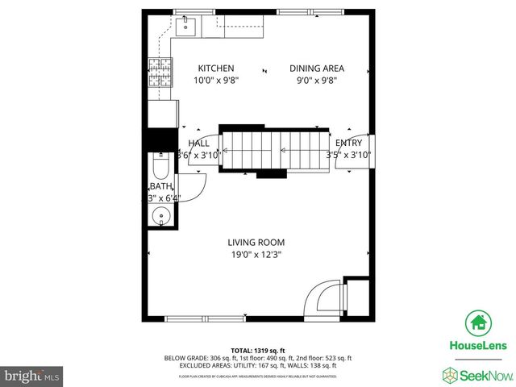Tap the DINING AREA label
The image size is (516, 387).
[317, 69]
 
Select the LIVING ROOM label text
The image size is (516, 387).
[256, 242]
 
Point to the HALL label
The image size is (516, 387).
[198, 143]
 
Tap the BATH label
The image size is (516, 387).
[161, 186]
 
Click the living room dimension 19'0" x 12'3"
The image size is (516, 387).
[256, 255]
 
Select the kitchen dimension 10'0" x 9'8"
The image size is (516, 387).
[215, 81]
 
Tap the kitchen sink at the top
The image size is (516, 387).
[185, 27]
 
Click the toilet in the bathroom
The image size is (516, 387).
[160, 169]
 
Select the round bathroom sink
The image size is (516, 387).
[160, 216]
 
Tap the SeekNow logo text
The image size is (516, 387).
[481, 373]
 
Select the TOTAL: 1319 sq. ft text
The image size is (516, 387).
[258, 350]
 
